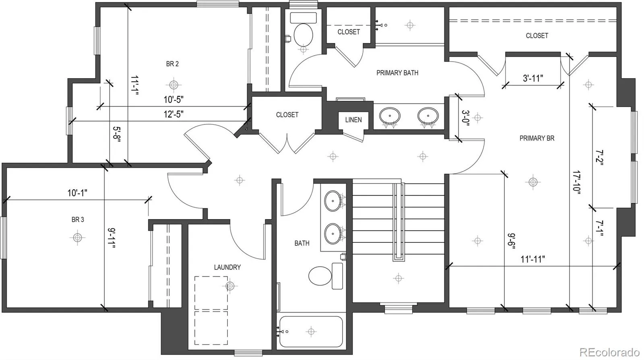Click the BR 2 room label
[172, 64]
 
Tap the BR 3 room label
[78, 219]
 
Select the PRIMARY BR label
[537, 138]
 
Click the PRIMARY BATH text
[397, 73]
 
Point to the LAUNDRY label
[227, 267]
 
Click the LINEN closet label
[353, 120]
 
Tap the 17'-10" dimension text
[577, 183]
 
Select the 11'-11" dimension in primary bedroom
[533, 259]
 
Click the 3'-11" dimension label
[533, 78]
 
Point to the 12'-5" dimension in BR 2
[173, 114]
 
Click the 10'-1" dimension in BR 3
[77, 193]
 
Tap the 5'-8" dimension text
[117, 134]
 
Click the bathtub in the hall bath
[311, 331]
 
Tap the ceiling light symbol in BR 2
[173, 85]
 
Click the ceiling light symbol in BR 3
[77, 237]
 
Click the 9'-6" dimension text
[512, 241]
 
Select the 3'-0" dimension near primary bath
[466, 118]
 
